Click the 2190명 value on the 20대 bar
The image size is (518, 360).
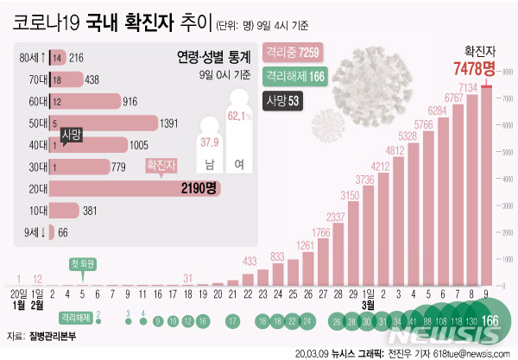click(x=221, y=186)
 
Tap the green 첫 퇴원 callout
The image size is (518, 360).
click(x=84, y=263)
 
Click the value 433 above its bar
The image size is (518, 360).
click(x=250, y=260)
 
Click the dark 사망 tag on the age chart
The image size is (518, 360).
click(x=73, y=135)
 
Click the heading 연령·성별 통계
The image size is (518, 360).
click(x=214, y=57)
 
